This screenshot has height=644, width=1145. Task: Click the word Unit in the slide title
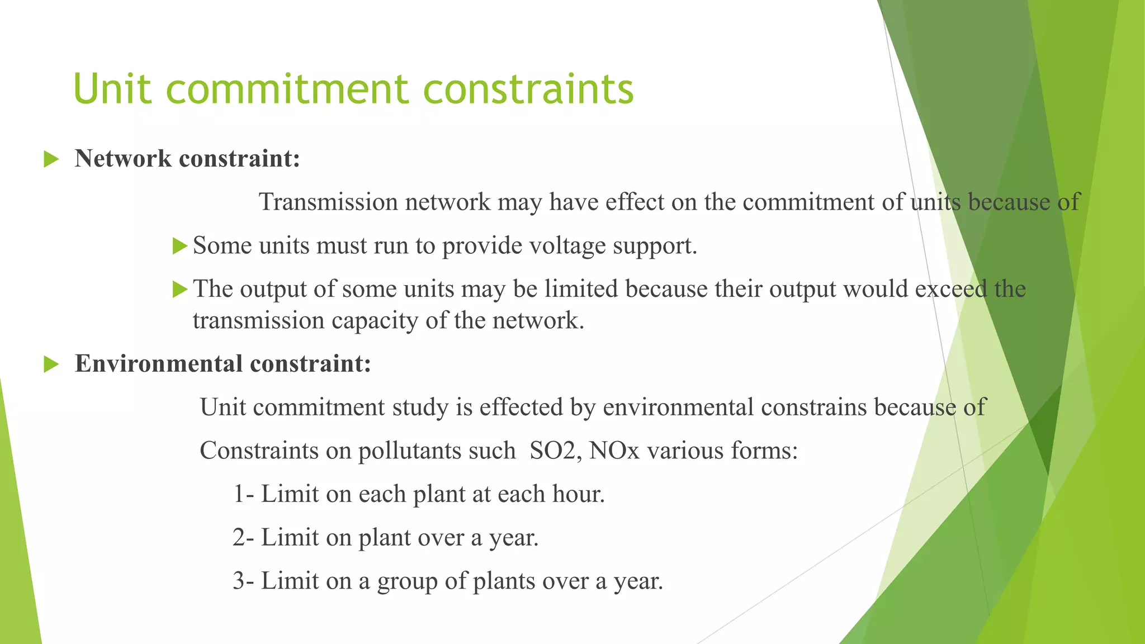112,89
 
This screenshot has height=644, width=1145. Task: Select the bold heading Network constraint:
187,159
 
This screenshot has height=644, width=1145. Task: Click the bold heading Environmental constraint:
223,364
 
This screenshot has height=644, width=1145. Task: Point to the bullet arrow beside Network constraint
51,159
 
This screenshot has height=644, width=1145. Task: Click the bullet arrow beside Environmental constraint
51,364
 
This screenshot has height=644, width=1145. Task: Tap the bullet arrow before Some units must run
179,245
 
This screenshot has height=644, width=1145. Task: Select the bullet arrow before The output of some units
179,289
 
